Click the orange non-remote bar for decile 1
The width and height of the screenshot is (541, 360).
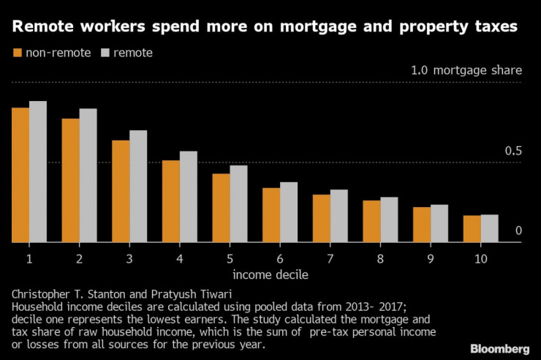(20, 175)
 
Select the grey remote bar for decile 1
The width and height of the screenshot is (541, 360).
(38, 172)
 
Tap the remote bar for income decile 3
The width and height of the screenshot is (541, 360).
(138, 187)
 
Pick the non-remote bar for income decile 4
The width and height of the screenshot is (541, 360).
(171, 201)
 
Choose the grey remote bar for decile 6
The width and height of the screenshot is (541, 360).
(289, 212)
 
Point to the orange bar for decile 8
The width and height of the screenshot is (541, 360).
(371, 221)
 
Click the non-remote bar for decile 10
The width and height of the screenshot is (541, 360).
(472, 228)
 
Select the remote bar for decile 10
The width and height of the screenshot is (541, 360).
(489, 228)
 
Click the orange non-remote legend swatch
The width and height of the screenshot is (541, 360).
(18, 53)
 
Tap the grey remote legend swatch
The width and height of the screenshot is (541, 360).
(105, 53)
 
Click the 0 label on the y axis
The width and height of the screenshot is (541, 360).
(518, 231)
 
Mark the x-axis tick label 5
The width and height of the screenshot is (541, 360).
(230, 259)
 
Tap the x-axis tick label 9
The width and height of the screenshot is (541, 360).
(430, 259)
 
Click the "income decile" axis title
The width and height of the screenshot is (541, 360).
(270, 275)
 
